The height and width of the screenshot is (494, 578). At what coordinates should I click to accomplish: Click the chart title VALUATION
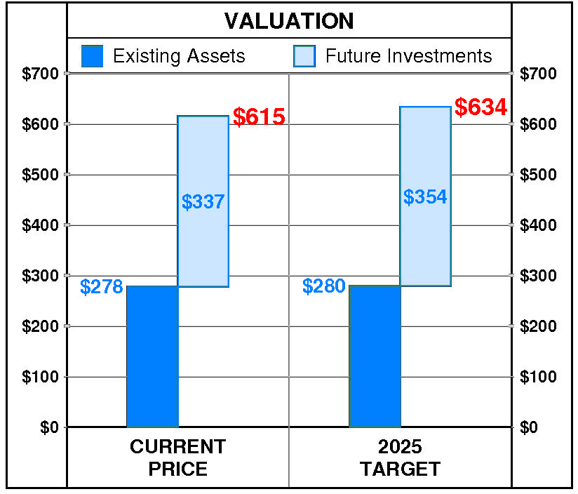click(x=289, y=21)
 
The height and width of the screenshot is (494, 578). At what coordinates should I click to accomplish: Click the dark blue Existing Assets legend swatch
click(x=93, y=56)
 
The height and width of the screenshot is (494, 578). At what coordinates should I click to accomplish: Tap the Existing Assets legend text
click(x=179, y=56)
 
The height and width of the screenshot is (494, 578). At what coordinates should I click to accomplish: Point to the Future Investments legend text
click(x=409, y=56)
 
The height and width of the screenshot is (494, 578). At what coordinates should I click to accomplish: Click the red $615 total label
click(x=259, y=117)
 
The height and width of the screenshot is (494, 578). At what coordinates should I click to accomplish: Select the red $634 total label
click(x=480, y=108)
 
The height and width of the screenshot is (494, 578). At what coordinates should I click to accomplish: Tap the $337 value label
click(x=203, y=202)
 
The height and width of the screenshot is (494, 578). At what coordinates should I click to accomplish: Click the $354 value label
click(x=425, y=197)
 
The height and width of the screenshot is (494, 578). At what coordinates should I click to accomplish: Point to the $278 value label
click(x=102, y=287)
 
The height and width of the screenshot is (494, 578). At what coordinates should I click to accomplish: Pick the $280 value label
click(x=324, y=286)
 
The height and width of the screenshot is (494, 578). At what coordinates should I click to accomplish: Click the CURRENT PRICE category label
click(x=178, y=458)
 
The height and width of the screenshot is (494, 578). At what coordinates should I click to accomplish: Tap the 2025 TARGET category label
click(x=400, y=458)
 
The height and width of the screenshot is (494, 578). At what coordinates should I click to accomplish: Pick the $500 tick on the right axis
click(x=538, y=175)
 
